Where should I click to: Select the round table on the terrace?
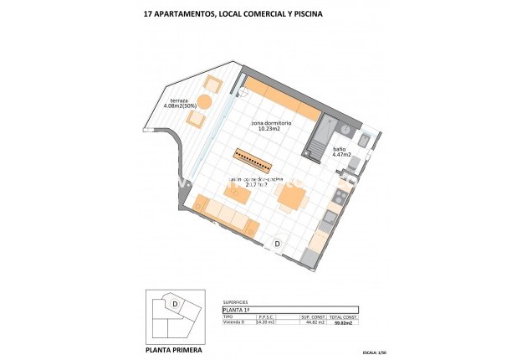coord(205,101)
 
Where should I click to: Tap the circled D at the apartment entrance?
coord(278,244)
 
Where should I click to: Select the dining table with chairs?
coord(290,198)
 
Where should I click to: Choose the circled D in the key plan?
coord(175,303)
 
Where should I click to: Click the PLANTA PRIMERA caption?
coord(174,341)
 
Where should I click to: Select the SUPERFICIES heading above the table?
coord(238,302)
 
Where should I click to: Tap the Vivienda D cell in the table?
coord(238,321)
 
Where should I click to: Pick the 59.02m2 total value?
coord(343,322)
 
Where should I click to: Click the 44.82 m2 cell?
coord(313,322)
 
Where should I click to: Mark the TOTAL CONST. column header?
coord(343,316)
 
